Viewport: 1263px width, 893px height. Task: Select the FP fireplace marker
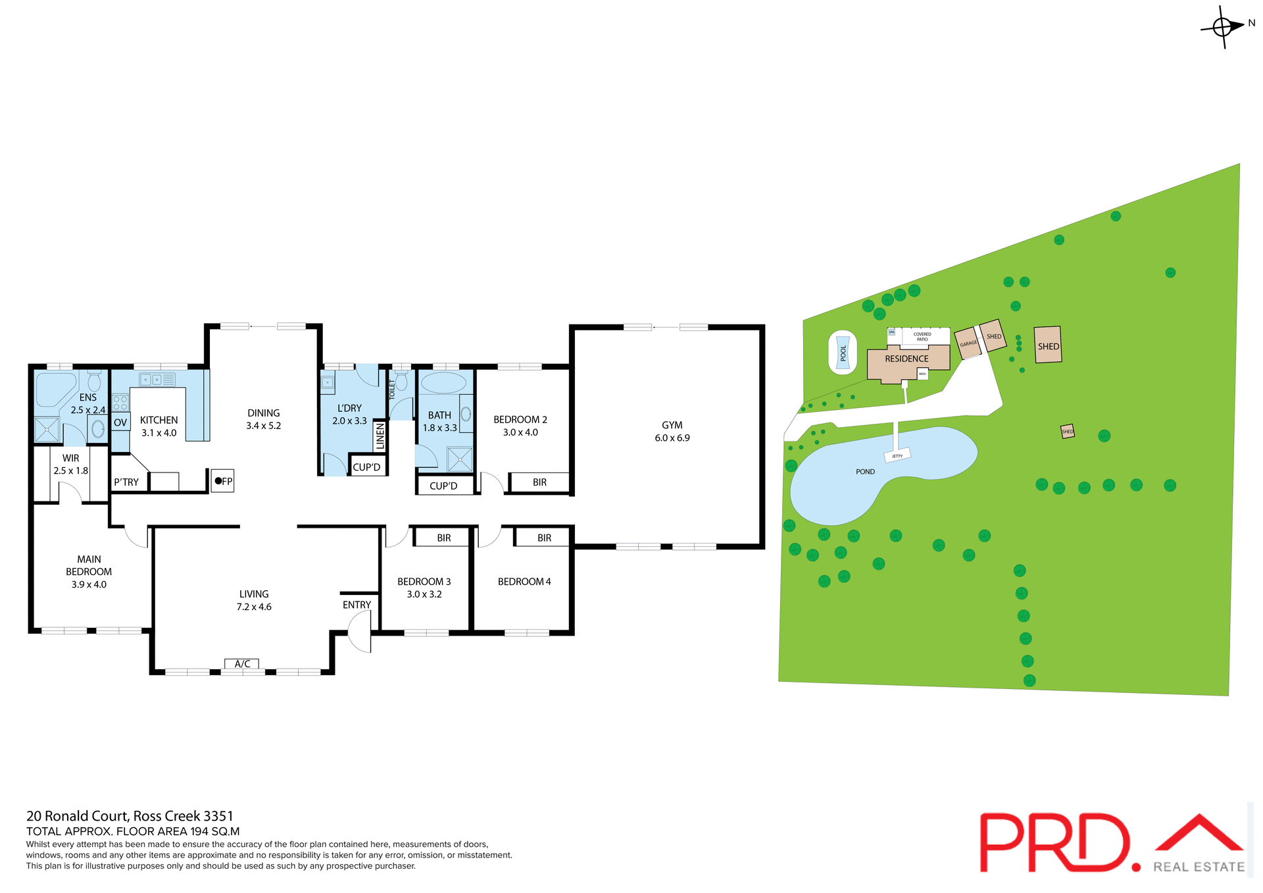222,481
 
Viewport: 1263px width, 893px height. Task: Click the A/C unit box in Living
242,663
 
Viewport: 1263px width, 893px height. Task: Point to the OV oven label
120,422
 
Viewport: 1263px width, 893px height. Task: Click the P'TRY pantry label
126,482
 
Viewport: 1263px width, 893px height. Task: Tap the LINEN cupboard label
380,436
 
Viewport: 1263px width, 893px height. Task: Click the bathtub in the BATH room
442,383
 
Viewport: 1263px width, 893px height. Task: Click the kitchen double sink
152,380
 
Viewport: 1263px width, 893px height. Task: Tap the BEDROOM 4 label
524,582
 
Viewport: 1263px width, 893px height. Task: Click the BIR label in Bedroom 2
539,482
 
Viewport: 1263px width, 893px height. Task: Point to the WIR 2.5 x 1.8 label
70,465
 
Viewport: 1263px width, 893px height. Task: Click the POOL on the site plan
843,353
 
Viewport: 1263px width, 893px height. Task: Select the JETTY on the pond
897,455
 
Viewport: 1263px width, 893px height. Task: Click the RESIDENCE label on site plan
906,359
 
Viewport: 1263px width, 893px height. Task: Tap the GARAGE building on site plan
968,344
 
